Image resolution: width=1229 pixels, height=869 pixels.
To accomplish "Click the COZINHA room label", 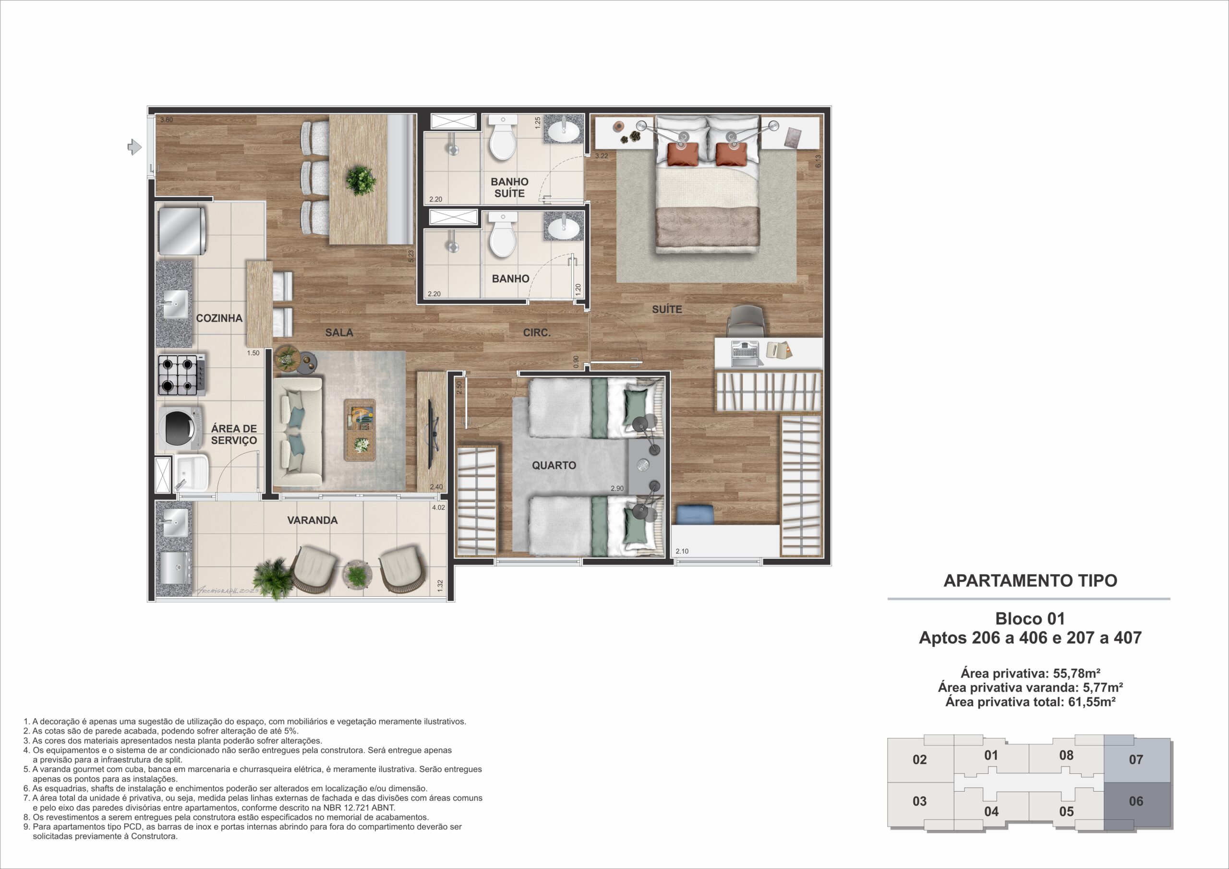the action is click(219, 318).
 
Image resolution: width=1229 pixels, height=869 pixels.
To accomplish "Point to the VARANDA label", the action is click(313, 520).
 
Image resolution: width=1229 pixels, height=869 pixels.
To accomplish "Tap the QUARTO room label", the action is click(554, 465).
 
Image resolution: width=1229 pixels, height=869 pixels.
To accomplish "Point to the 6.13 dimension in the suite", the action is click(818, 162).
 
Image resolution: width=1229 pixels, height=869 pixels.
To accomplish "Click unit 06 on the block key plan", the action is click(1136, 801).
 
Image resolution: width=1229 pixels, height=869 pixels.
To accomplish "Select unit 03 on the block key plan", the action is click(920, 801).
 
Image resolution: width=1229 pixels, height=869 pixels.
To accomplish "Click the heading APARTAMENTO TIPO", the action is click(1030, 581).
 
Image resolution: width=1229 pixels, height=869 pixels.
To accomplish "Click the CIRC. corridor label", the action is click(537, 333).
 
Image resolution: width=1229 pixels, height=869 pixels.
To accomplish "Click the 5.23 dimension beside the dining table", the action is click(411, 256).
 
